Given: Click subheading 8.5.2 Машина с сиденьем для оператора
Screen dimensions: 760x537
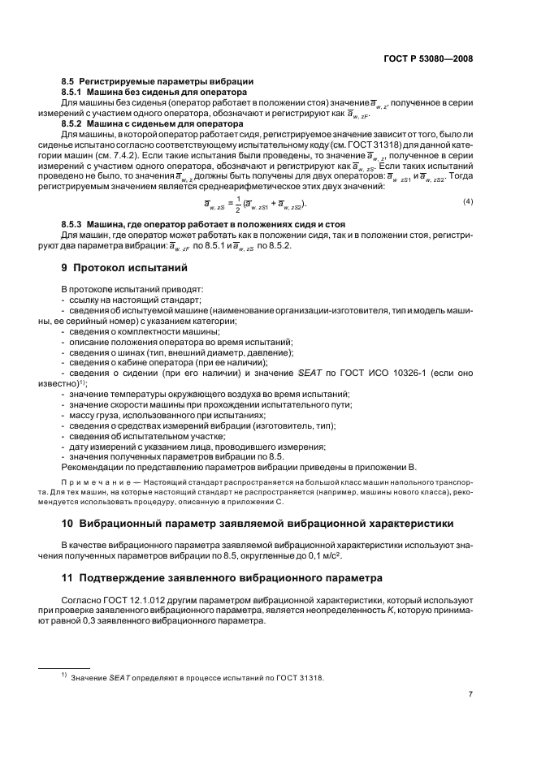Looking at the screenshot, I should click(x=153, y=123).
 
